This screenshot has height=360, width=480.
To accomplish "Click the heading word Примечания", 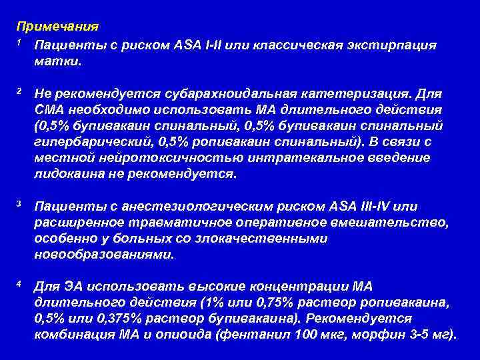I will click(58, 27).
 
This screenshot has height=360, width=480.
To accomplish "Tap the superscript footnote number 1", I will click(20, 42).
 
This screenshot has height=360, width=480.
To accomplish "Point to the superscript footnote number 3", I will click(20, 203).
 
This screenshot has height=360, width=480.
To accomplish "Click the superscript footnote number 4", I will click(20, 283).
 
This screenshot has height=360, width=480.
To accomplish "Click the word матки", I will click(59, 61).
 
